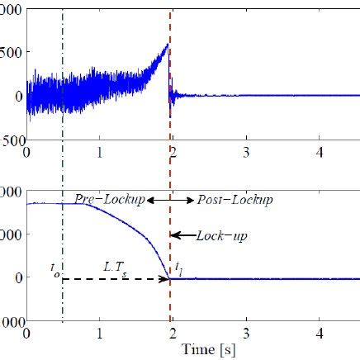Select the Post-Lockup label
click(x=224, y=201)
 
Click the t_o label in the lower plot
click(x=53, y=267)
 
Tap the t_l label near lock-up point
click(x=178, y=267)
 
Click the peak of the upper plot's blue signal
click(x=168, y=45)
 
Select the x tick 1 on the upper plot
click(x=100, y=153)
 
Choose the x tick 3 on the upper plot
click(x=246, y=153)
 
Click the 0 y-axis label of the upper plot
click(x=17, y=96)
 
